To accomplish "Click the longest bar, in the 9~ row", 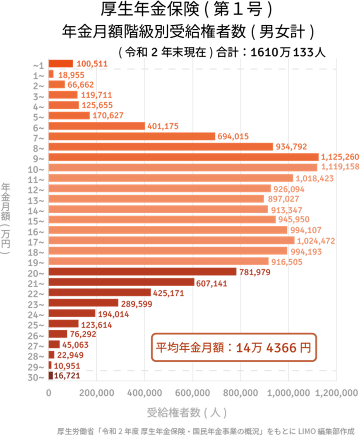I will (x=184, y=157).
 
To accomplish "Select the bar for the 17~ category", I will (x=172, y=240).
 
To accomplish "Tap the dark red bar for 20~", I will (x=143, y=272).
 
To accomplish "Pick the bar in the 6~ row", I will (x=97, y=126).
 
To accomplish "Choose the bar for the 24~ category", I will (x=72, y=313).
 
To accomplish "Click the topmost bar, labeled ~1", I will (x=61, y=63).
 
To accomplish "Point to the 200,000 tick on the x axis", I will (x=96, y=393).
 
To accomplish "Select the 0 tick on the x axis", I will (x=49, y=393).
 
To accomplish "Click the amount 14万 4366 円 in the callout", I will (x=273, y=347).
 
